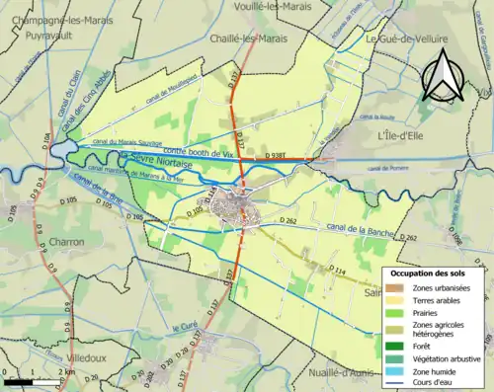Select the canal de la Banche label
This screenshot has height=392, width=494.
point(361,232)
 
